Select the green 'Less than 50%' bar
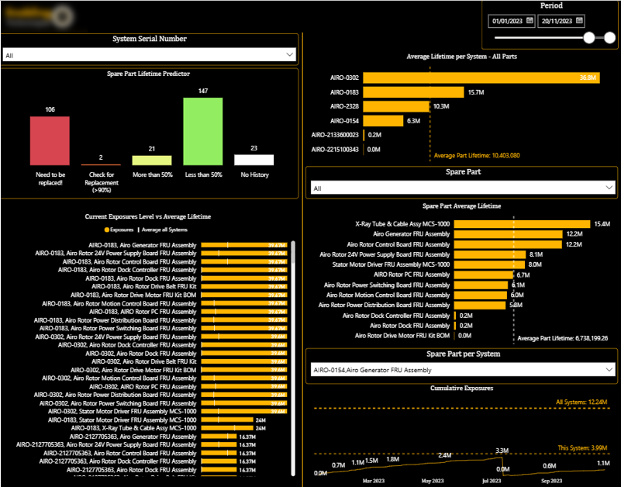pos(202,131)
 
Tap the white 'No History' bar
pos(254,160)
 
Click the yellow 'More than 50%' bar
pos(151,161)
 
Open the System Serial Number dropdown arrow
pos(290,55)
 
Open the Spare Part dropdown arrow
pos(609,188)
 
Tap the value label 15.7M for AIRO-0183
pos(475,92)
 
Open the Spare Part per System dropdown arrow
pos(609,370)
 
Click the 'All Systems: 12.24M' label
pos(588,402)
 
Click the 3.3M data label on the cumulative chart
pos(502,451)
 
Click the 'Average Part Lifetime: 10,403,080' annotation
pos(476,156)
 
